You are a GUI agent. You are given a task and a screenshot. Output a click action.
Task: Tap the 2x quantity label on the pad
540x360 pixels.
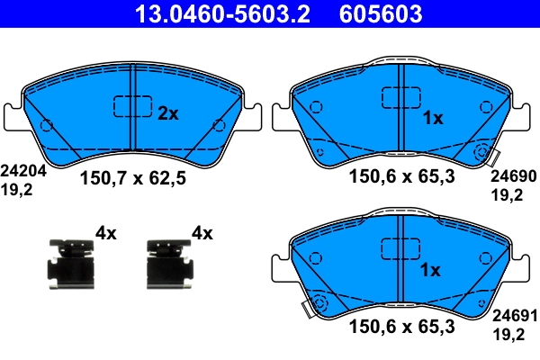point(169,113)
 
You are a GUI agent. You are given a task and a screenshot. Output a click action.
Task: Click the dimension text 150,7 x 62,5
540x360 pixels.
point(133,178)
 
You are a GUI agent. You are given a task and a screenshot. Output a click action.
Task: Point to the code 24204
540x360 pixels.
point(19,168)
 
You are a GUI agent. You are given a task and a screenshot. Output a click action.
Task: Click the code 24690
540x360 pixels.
point(512,178)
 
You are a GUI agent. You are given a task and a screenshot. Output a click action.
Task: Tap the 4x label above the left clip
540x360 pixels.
point(106,234)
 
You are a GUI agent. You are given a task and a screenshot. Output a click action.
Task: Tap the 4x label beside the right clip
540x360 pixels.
point(202,234)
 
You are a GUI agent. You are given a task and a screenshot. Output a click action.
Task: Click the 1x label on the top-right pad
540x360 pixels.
point(432,117)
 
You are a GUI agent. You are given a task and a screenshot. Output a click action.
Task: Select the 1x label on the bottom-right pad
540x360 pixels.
point(432,270)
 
